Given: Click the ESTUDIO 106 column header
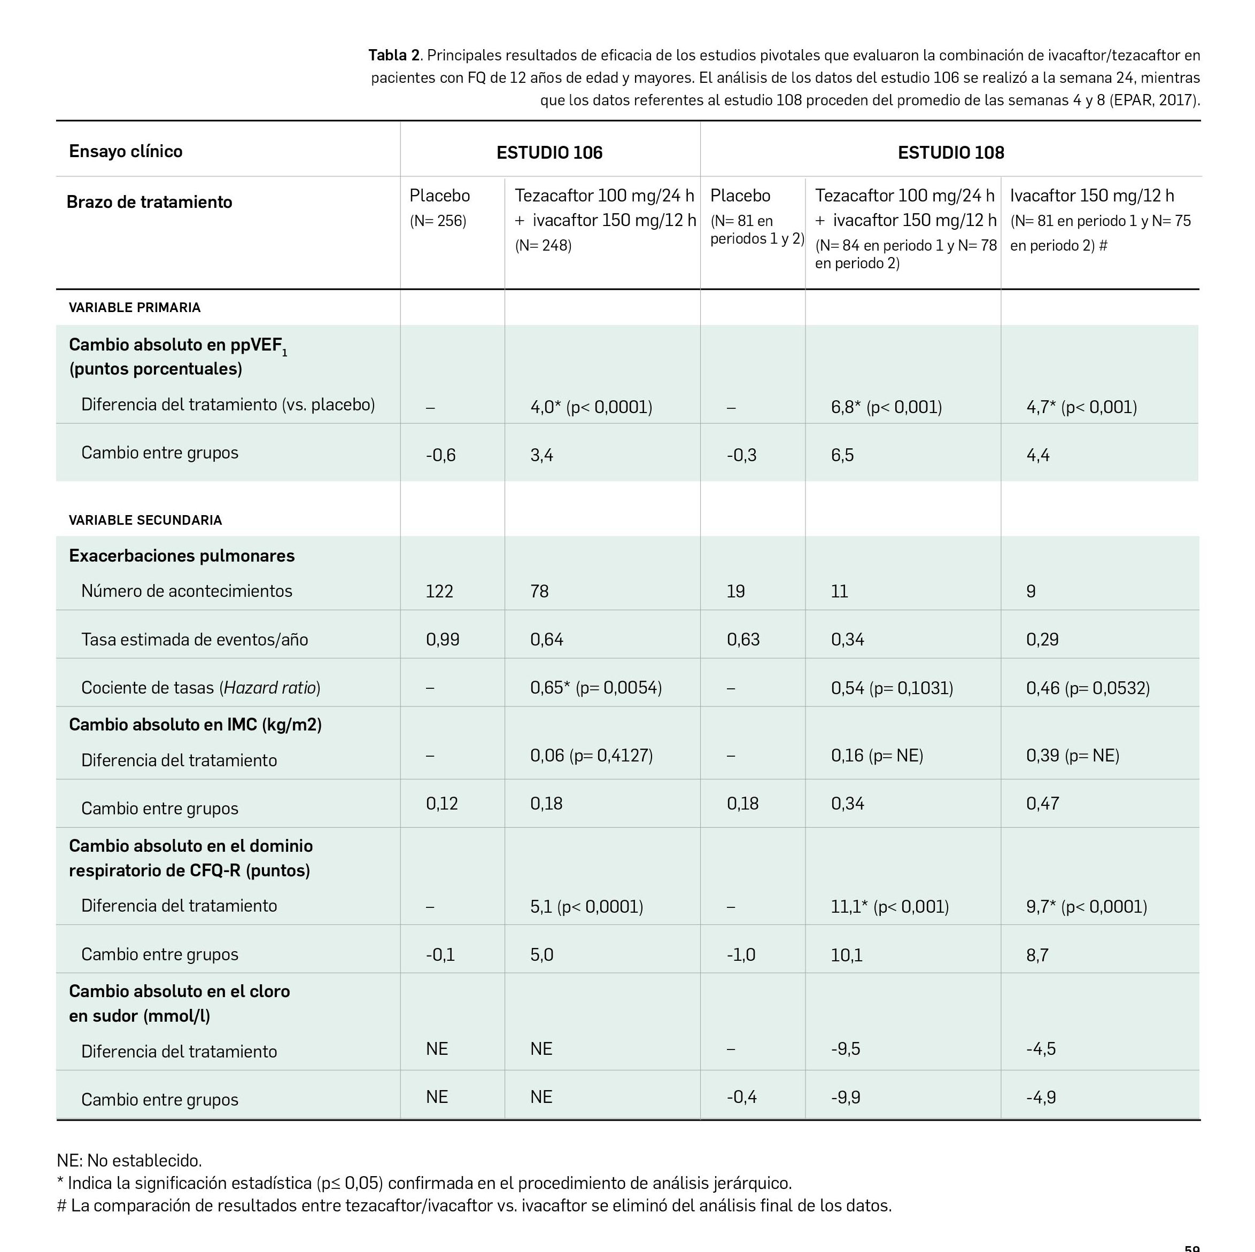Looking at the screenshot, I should coord(549,153).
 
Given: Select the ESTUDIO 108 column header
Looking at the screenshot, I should coord(950,153).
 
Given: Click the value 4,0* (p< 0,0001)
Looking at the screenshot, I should coord(591,407).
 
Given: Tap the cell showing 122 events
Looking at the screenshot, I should coord(439,592).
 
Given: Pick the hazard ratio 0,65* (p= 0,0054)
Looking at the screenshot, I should coord(595,688).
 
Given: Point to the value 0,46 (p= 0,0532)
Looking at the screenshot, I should coord(1087,688).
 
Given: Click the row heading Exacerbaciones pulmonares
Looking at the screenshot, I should coord(181,556).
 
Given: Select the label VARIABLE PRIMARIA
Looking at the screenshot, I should coord(135,308).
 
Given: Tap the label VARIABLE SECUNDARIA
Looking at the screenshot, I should coord(145,520).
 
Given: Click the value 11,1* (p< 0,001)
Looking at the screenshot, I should coord(889,906).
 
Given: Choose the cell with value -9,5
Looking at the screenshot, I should coord(845,1049).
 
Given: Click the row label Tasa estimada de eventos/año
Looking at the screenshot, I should coord(194,640).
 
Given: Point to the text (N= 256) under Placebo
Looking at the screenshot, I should coord(438,221).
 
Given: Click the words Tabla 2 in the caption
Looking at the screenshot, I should coord(393,55).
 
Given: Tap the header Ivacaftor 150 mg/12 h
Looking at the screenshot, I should coord(1091,196).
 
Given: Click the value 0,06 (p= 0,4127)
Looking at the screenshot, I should coord(591,755).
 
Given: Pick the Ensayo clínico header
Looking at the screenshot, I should coord(126,151).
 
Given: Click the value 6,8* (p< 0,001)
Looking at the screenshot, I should coord(886,407).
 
